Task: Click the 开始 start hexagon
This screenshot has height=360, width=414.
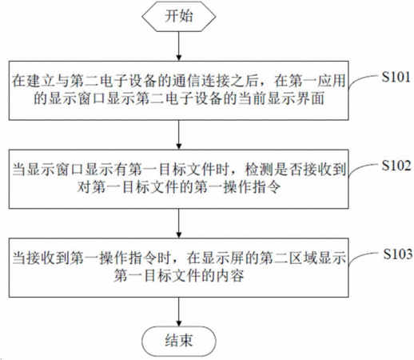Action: pyautogui.click(x=179, y=16)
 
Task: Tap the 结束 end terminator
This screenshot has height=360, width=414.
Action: pyautogui.click(x=179, y=341)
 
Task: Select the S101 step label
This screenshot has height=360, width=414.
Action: pyautogui.click(x=396, y=77)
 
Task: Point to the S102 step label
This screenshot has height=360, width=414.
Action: pyautogui.click(x=396, y=166)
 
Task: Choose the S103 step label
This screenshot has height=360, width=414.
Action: pyautogui.click(x=398, y=254)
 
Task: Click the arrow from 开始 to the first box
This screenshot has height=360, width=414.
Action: pyautogui.click(x=179, y=46)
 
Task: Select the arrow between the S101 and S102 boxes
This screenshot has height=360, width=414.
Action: pyautogui.click(x=179, y=134)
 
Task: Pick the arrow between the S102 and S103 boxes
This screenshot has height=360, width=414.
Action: pyautogui.click(x=179, y=223)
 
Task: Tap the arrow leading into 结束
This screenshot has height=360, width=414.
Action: pyautogui.click(x=179, y=312)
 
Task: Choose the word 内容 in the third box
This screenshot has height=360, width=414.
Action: pyautogui.click(x=229, y=276)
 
